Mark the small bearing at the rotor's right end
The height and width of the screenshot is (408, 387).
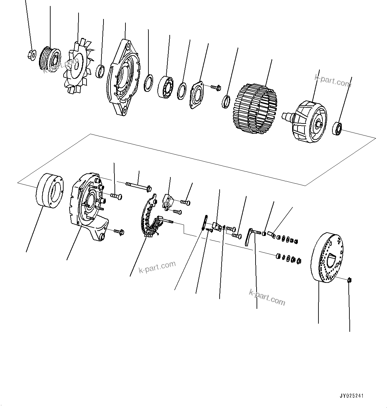point(338,128)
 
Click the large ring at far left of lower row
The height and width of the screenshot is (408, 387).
point(50,190)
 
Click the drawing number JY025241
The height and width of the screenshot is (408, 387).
point(351,396)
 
